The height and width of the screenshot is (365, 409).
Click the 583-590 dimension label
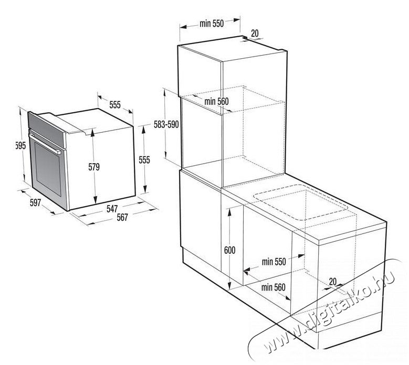pos(166,124)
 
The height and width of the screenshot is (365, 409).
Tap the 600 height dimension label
pos(229,250)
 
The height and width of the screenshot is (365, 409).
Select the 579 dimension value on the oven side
pos(94,167)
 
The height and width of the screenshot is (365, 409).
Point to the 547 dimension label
pos(112,209)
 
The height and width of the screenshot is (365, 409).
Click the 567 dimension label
pos(122,217)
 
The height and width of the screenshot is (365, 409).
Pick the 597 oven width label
pos(36,202)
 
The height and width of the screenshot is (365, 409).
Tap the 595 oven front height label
pos(21,146)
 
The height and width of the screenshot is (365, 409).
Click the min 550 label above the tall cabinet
pos(212,24)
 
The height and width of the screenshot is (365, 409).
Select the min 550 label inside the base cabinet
pos(274,262)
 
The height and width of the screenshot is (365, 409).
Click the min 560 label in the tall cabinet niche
pos(216,101)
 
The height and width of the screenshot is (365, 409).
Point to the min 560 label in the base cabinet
pos(273,287)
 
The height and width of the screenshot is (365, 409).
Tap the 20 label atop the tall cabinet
pos(255,34)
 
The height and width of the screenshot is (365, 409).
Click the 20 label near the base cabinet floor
pos(333,282)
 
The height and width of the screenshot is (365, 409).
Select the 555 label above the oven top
pos(115,105)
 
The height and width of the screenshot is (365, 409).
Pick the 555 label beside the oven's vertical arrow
pos(144,160)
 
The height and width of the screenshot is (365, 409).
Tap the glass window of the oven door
pos(48,169)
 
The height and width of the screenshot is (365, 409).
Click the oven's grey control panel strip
pos(46,129)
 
